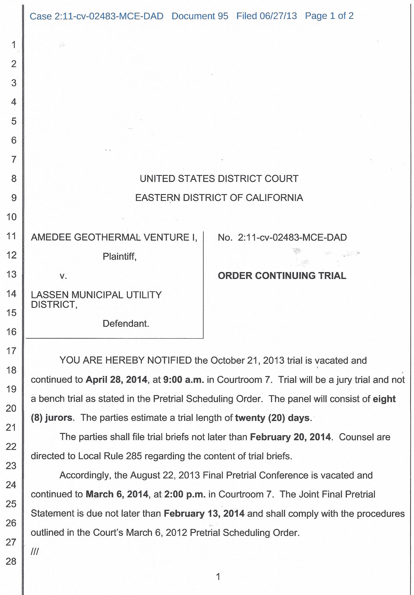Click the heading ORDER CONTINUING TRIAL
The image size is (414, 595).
pos(282,276)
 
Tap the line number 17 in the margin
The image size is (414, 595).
pos(12,351)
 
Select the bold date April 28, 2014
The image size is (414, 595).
pos(116,380)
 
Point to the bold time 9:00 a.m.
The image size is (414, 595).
pos(183,380)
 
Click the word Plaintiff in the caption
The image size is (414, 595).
pos(119,257)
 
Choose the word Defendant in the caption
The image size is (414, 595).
pos(125,323)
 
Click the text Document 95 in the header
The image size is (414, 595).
pos(200,16)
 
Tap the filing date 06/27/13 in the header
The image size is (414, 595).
pos(278,16)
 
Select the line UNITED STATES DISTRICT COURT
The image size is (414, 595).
pos(219,179)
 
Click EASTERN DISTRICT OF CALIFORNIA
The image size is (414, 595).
pos(219,198)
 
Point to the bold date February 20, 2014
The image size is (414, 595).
pos(290,437)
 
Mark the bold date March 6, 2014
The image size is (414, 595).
pos(117,494)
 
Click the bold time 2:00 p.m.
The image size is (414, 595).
pos(185,494)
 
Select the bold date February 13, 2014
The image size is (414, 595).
pos(204,514)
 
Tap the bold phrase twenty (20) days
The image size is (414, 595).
pos(273,418)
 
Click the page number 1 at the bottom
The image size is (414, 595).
pos(218,577)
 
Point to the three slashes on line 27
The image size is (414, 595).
pos(35,552)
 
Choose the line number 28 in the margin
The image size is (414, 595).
pos(11,561)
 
